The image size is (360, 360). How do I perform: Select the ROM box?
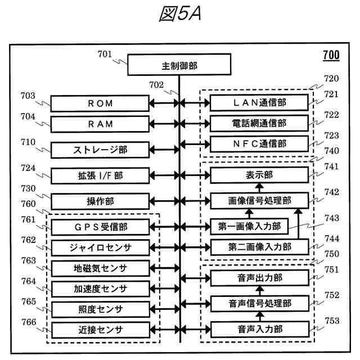(x=100, y=103)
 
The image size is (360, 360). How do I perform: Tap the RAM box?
(x=100, y=124)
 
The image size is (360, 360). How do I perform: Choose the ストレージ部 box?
(x=100, y=150)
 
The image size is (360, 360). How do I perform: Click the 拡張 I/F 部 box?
(x=100, y=175)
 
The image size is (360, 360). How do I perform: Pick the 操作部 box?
(x=100, y=201)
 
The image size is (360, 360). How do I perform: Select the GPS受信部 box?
(x=100, y=227)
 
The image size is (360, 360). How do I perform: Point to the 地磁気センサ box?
(x=100, y=268)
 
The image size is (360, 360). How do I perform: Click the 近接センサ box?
(x=100, y=329)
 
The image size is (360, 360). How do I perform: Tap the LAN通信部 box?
(x=259, y=103)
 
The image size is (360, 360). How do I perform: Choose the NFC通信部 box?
(x=259, y=143)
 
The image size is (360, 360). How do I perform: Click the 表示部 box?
(x=259, y=174)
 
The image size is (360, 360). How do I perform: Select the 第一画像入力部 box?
(x=250, y=227)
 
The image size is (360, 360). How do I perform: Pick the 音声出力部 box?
(x=259, y=277)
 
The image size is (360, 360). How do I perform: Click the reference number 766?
(x=28, y=322)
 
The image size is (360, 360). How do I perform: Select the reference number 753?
(x=332, y=321)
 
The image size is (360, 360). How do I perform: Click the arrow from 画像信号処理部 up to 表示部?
(x=259, y=187)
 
